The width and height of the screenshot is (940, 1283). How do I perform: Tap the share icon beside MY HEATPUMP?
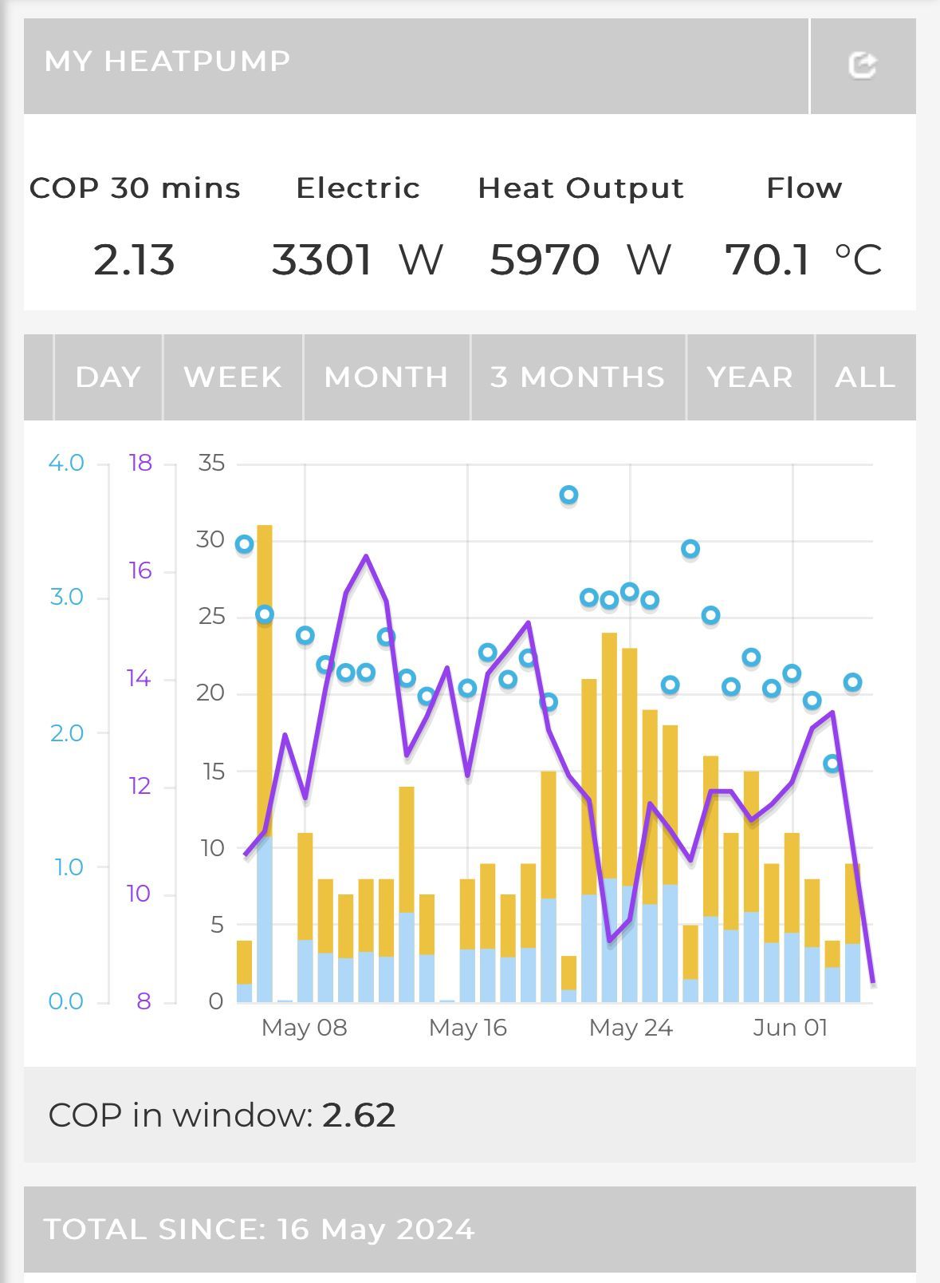tap(862, 65)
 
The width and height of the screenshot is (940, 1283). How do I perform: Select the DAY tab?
tap(108, 377)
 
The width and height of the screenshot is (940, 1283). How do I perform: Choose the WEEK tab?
tap(233, 377)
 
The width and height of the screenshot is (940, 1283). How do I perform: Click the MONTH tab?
tap(387, 377)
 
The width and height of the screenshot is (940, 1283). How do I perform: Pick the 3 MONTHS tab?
tap(578, 377)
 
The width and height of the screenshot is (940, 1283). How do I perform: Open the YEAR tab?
tap(750, 377)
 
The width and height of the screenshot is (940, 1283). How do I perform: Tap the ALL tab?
tap(865, 377)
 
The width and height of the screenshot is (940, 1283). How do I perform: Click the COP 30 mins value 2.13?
tap(134, 260)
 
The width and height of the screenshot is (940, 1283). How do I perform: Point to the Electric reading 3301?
tap(322, 260)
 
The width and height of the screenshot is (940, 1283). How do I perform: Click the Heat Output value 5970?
tap(545, 260)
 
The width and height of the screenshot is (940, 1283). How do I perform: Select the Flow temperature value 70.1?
tap(768, 260)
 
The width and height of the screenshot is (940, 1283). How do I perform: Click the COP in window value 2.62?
tap(359, 1115)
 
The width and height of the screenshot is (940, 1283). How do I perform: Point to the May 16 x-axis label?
tap(467, 1027)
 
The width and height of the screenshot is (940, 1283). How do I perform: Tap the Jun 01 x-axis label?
tap(790, 1027)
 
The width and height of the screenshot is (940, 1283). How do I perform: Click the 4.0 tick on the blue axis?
tap(66, 463)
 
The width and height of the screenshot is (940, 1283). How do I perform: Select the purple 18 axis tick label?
tap(140, 463)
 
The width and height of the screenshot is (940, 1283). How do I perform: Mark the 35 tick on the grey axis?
tap(211, 463)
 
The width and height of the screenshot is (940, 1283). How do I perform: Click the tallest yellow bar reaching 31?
tap(265, 678)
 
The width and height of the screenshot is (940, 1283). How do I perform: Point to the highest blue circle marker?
tap(568, 495)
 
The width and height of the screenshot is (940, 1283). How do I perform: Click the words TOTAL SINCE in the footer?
tap(154, 1230)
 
